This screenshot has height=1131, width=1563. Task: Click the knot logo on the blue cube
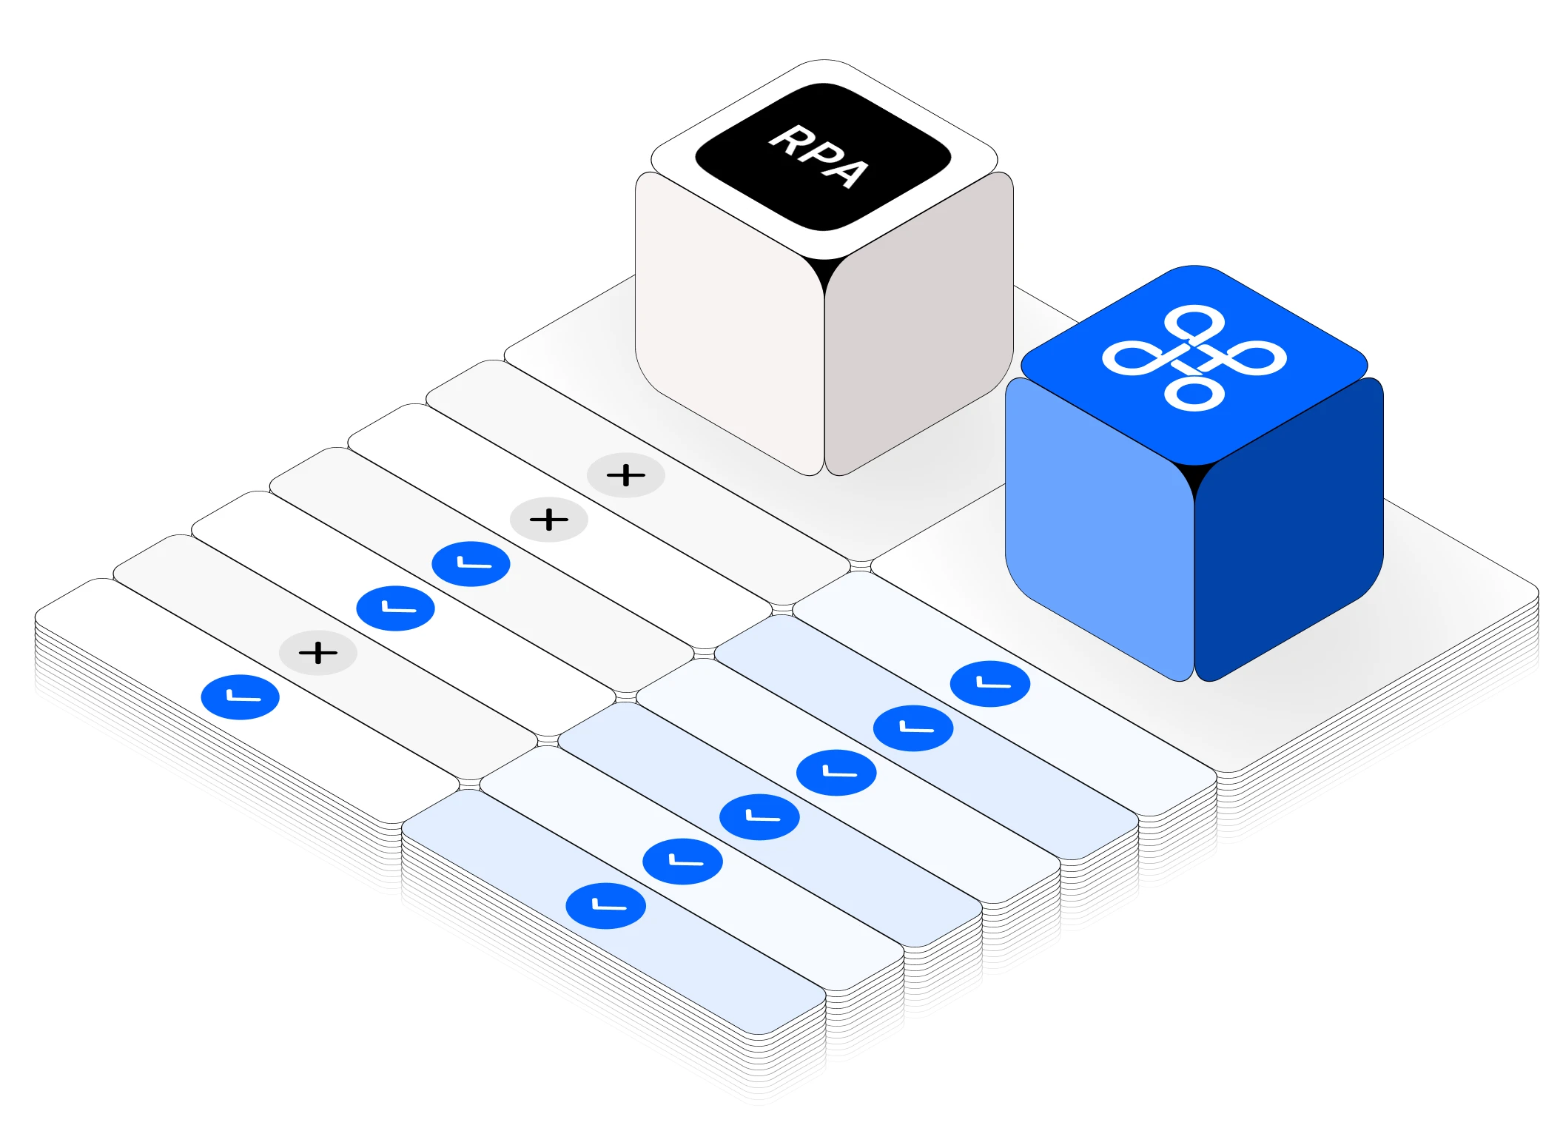[x=1194, y=358]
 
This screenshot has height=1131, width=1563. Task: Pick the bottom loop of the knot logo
[x=1194, y=393]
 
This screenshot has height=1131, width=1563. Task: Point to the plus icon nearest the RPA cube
[x=626, y=475]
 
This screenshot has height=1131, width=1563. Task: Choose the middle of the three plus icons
[x=549, y=520]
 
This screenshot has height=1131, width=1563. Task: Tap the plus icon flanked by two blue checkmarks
[x=318, y=653]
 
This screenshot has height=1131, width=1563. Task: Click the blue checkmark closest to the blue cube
[x=990, y=684]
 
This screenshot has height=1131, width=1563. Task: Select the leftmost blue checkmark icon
[x=241, y=697]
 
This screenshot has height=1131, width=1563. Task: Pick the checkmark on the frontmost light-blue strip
[x=606, y=906]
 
